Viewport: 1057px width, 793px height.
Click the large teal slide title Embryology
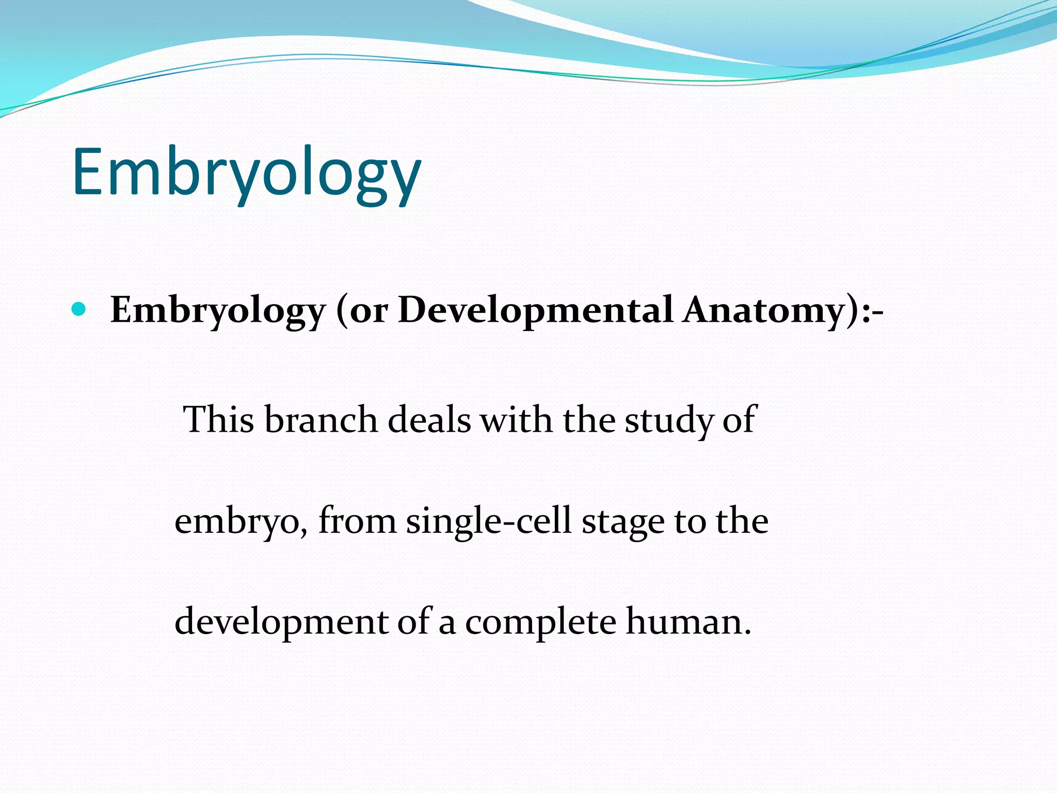click(x=247, y=172)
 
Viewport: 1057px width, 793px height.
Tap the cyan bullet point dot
click(x=78, y=310)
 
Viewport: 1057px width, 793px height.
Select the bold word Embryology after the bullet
click(x=218, y=311)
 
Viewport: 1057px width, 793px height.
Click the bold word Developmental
click(x=535, y=310)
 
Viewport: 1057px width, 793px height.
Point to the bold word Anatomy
click(x=764, y=311)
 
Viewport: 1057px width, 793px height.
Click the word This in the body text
click(x=219, y=419)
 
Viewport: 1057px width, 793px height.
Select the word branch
click(x=321, y=419)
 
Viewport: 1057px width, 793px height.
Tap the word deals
click(x=429, y=419)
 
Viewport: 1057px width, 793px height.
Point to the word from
click(x=357, y=520)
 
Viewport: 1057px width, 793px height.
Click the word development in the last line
click(x=281, y=622)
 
